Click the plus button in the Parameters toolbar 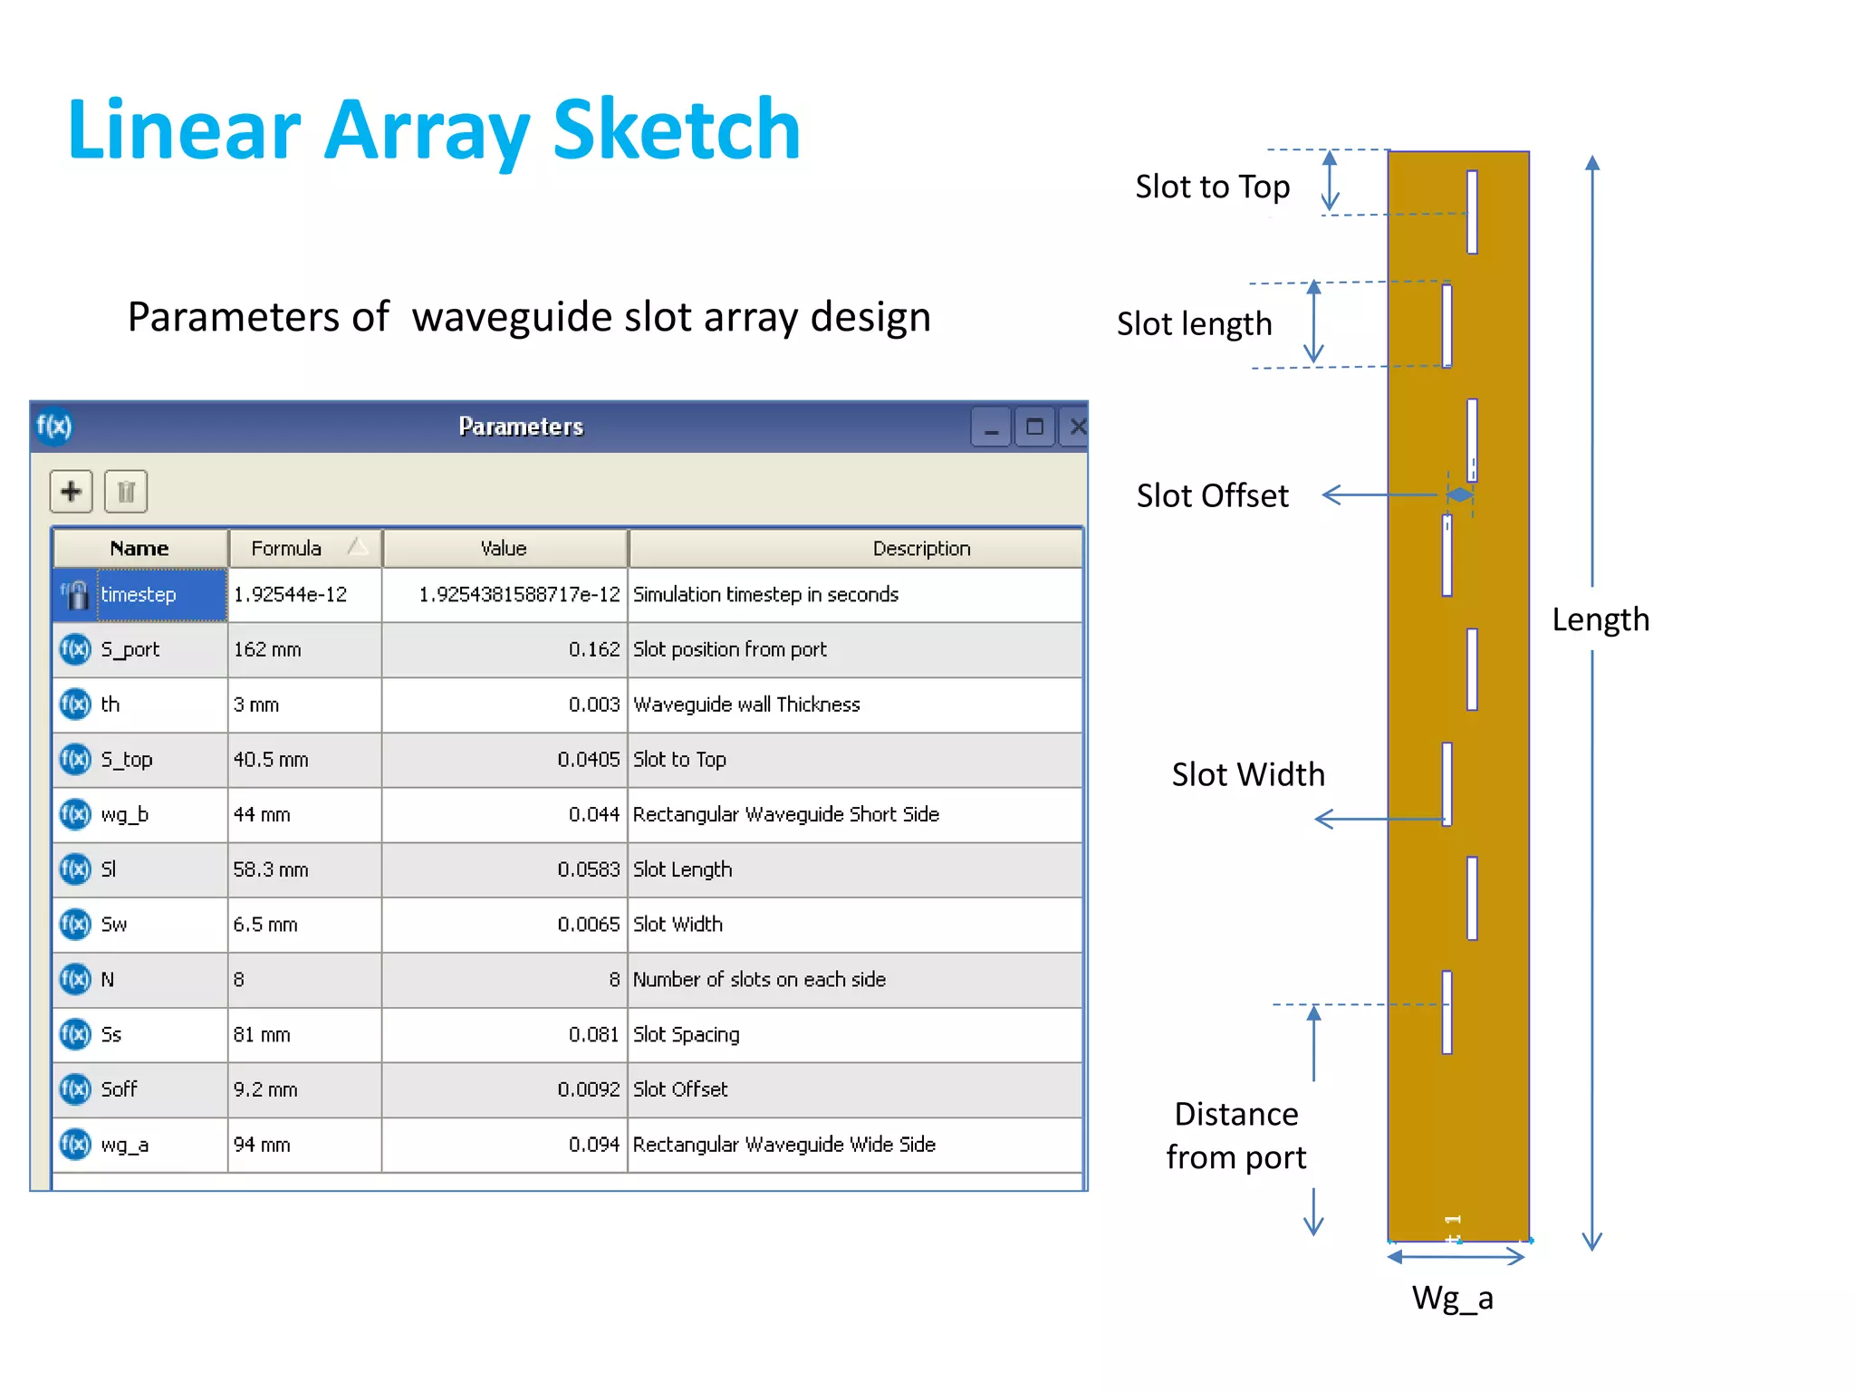click(71, 492)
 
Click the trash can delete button click(126, 492)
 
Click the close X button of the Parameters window click(1077, 427)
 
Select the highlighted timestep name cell click(161, 594)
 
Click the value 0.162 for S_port click(594, 649)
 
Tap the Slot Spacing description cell click(687, 1034)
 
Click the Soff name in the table click(119, 1089)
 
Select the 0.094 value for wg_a click(594, 1145)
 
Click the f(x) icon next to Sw click(75, 925)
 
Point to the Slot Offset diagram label click(1212, 495)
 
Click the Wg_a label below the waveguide click(1452, 1298)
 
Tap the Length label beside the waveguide click(1600, 619)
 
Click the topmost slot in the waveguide click(1472, 212)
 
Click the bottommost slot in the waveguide click(1447, 1012)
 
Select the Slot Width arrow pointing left click(1377, 820)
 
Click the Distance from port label click(1235, 1136)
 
